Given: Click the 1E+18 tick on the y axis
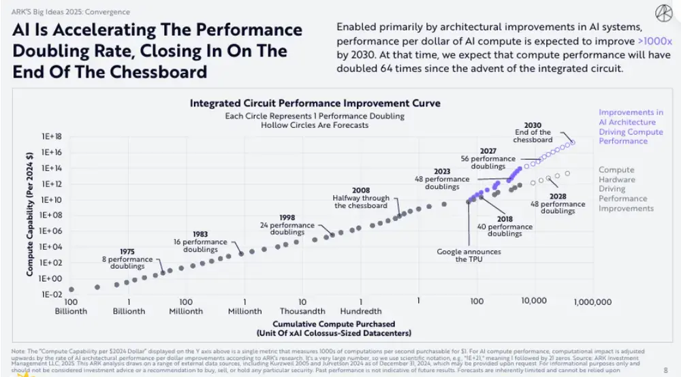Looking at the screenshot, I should (x=52, y=136).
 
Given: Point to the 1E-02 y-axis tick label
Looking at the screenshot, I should (x=52, y=294).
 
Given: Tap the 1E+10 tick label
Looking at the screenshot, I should (x=52, y=199).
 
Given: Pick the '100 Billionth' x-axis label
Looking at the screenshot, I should (x=71, y=306).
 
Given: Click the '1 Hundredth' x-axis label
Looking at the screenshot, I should (x=360, y=306).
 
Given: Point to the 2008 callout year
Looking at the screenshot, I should (x=360, y=190).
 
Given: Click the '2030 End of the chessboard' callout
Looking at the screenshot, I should (x=533, y=133).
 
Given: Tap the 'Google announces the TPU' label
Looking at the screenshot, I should (x=469, y=255).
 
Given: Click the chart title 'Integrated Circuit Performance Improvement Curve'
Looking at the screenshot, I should (x=315, y=103).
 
